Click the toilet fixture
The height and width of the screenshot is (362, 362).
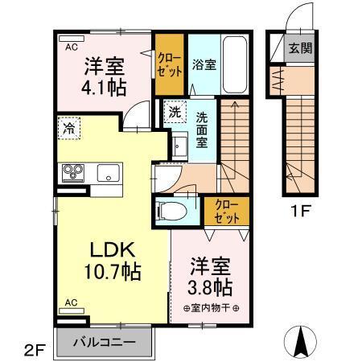tap(171, 211)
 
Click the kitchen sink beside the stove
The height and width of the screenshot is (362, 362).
tap(107, 172)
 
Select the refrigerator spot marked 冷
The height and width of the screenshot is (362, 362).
tap(70, 127)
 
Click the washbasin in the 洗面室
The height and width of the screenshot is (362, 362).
tap(179, 146)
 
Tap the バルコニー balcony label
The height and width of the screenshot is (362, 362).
tap(105, 340)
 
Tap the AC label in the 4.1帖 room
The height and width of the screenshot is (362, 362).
tap(72, 46)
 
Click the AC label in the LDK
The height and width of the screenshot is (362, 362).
tap(71, 303)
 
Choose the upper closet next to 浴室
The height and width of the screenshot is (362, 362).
tap(169, 64)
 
